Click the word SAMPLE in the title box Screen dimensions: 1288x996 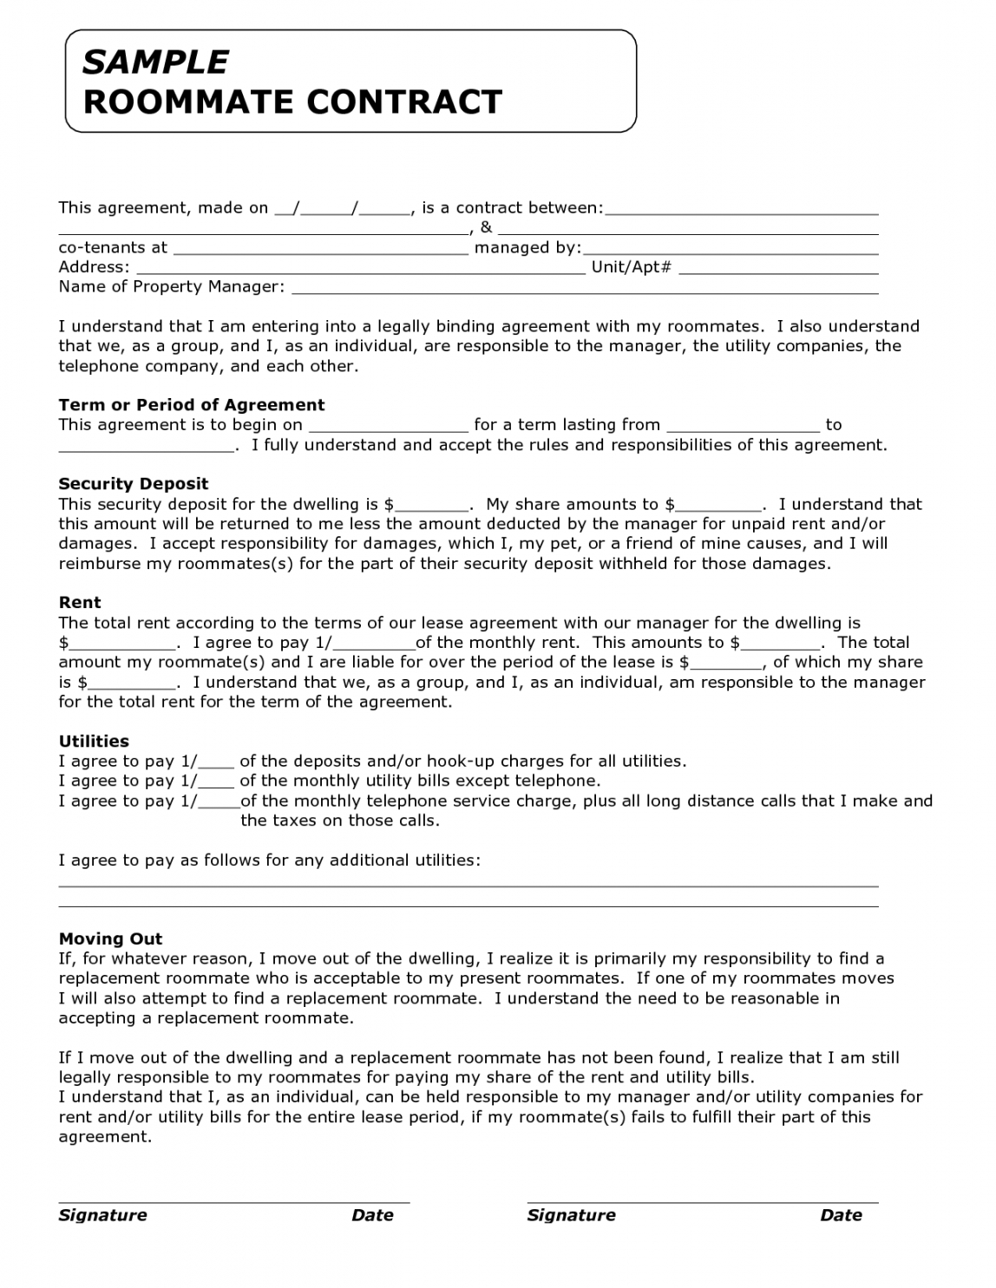pyautogui.click(x=155, y=62)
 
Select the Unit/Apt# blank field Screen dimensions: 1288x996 pyautogui.click(x=777, y=270)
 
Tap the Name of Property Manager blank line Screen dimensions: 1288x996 pyautogui.click(x=584, y=290)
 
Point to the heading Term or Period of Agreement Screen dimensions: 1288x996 pyautogui.click(x=191, y=405)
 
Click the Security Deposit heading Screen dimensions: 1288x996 pyautogui.click(x=134, y=484)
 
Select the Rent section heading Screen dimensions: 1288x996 pyautogui.click(x=80, y=603)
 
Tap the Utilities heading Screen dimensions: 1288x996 pyautogui.click(x=94, y=742)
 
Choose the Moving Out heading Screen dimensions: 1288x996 pyautogui.click(x=110, y=938)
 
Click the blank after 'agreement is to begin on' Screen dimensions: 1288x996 pyautogui.click(x=388, y=428)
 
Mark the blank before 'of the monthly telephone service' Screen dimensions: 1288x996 pyautogui.click(x=220, y=804)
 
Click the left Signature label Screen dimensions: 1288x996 pyautogui.click(x=102, y=1215)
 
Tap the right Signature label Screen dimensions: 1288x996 pyautogui.click(x=571, y=1215)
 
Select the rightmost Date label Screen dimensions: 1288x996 pyautogui.click(x=841, y=1215)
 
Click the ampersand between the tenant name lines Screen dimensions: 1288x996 pyautogui.click(x=486, y=227)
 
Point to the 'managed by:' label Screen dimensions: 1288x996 pyautogui.click(x=527, y=247)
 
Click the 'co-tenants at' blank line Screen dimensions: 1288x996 pyautogui.click(x=320, y=251)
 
